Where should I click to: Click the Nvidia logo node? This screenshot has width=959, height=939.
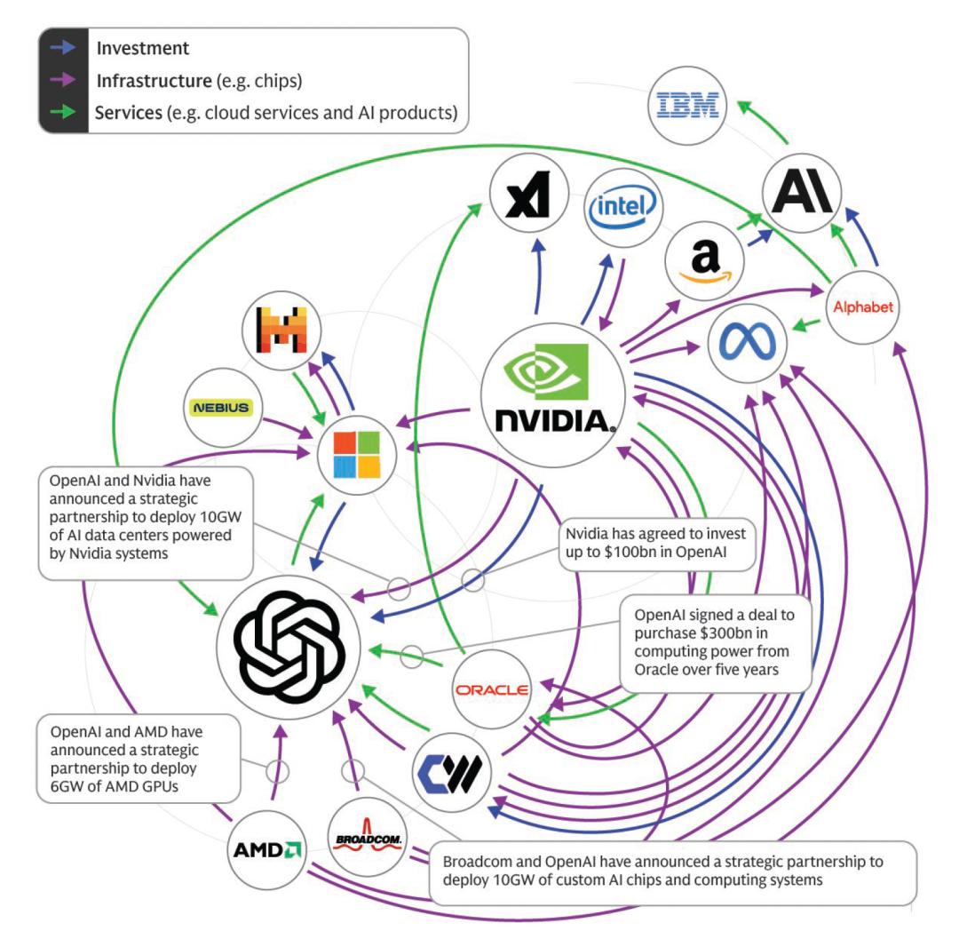548,392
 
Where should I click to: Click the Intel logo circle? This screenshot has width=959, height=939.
623,207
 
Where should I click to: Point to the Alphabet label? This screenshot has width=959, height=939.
861,307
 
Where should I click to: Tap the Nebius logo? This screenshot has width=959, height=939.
221,409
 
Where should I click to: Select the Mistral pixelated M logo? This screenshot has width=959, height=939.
281,330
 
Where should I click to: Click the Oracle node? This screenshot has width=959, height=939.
491,690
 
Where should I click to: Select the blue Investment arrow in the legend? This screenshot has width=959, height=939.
62,49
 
